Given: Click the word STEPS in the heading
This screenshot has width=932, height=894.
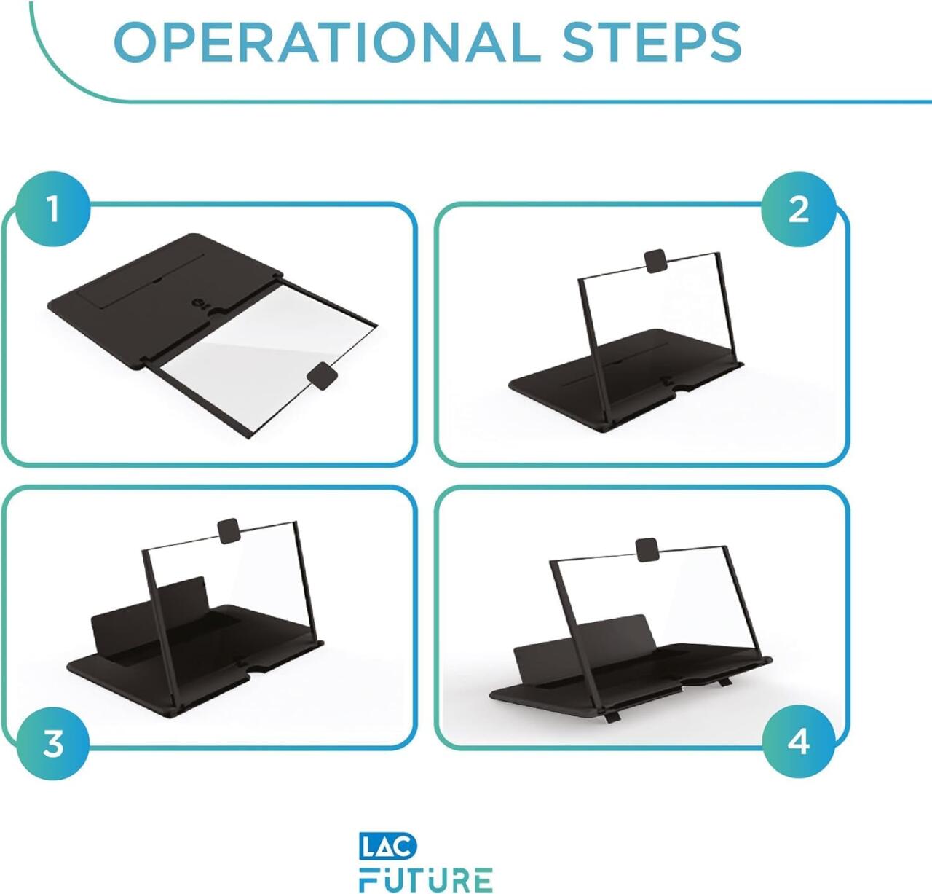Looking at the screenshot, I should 651,42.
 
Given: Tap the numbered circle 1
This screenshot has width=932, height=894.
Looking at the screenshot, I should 52,209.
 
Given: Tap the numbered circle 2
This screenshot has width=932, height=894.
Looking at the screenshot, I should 798,210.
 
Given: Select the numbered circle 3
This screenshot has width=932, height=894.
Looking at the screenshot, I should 52,743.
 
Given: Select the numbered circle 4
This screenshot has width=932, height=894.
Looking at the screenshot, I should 798,741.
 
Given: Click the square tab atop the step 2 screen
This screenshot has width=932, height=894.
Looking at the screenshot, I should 656,261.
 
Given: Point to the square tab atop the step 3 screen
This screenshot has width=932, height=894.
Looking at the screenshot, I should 229,530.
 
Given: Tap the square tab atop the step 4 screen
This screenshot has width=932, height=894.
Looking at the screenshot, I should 646,549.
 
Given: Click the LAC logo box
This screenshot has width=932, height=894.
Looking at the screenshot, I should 388,846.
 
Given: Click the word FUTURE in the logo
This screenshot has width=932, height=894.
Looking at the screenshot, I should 426,879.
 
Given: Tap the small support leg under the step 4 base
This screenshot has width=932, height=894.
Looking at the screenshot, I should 612,716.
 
